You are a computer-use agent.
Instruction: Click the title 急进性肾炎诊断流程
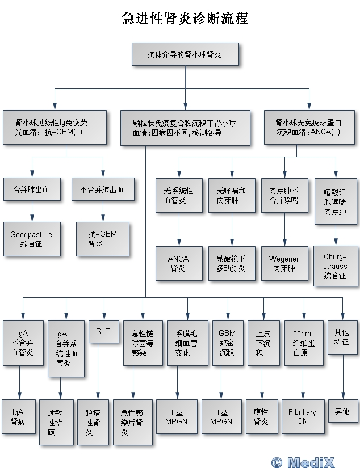tap(185, 19)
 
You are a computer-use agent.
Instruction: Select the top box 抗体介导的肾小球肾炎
tap(185, 54)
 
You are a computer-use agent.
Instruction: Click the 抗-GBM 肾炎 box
tap(102, 238)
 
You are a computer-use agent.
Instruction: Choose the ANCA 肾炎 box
tap(178, 263)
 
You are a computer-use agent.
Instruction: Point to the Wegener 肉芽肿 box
tap(284, 263)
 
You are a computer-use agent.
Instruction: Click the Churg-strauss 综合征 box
tap(336, 265)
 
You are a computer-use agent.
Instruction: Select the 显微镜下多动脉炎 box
tap(231, 263)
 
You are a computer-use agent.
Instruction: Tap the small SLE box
tap(103, 331)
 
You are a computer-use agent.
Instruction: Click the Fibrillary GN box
tap(302, 416)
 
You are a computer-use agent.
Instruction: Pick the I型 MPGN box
tap(175, 416)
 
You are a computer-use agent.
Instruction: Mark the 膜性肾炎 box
tap(261, 416)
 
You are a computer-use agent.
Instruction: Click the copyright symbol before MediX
tap(277, 462)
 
